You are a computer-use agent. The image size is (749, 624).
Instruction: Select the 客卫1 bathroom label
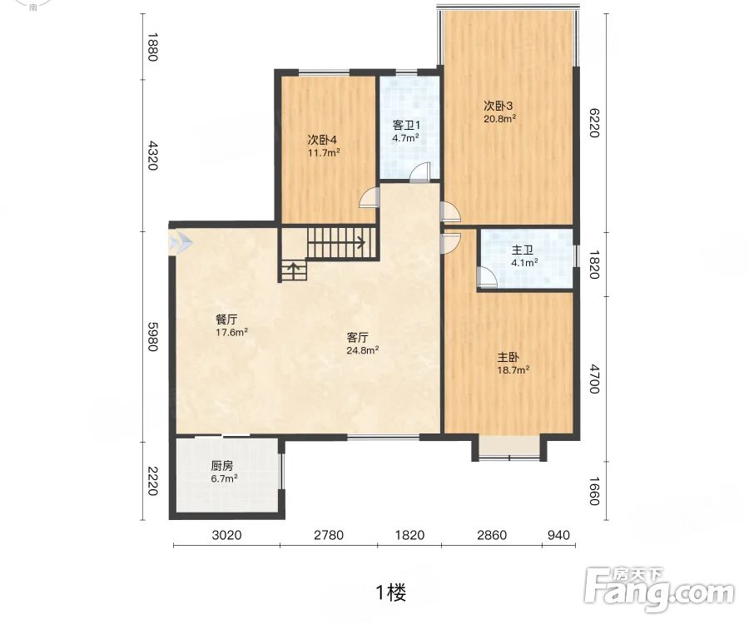406,126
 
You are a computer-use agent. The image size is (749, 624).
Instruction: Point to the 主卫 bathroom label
522,250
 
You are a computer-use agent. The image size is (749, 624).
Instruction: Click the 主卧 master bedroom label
508,358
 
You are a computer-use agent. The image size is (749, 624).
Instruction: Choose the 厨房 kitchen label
221,465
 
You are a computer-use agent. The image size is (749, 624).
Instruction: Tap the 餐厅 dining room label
226,319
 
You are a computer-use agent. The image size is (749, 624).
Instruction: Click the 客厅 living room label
357,338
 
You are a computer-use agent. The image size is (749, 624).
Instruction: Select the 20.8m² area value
499,119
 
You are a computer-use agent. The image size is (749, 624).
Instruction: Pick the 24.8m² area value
363,351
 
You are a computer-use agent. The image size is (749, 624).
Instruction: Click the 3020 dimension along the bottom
226,535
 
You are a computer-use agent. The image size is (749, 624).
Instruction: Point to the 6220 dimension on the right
593,122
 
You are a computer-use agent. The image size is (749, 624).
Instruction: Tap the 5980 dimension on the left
152,337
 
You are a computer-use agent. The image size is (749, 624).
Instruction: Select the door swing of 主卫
487,277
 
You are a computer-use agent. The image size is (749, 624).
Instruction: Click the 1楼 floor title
392,593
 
